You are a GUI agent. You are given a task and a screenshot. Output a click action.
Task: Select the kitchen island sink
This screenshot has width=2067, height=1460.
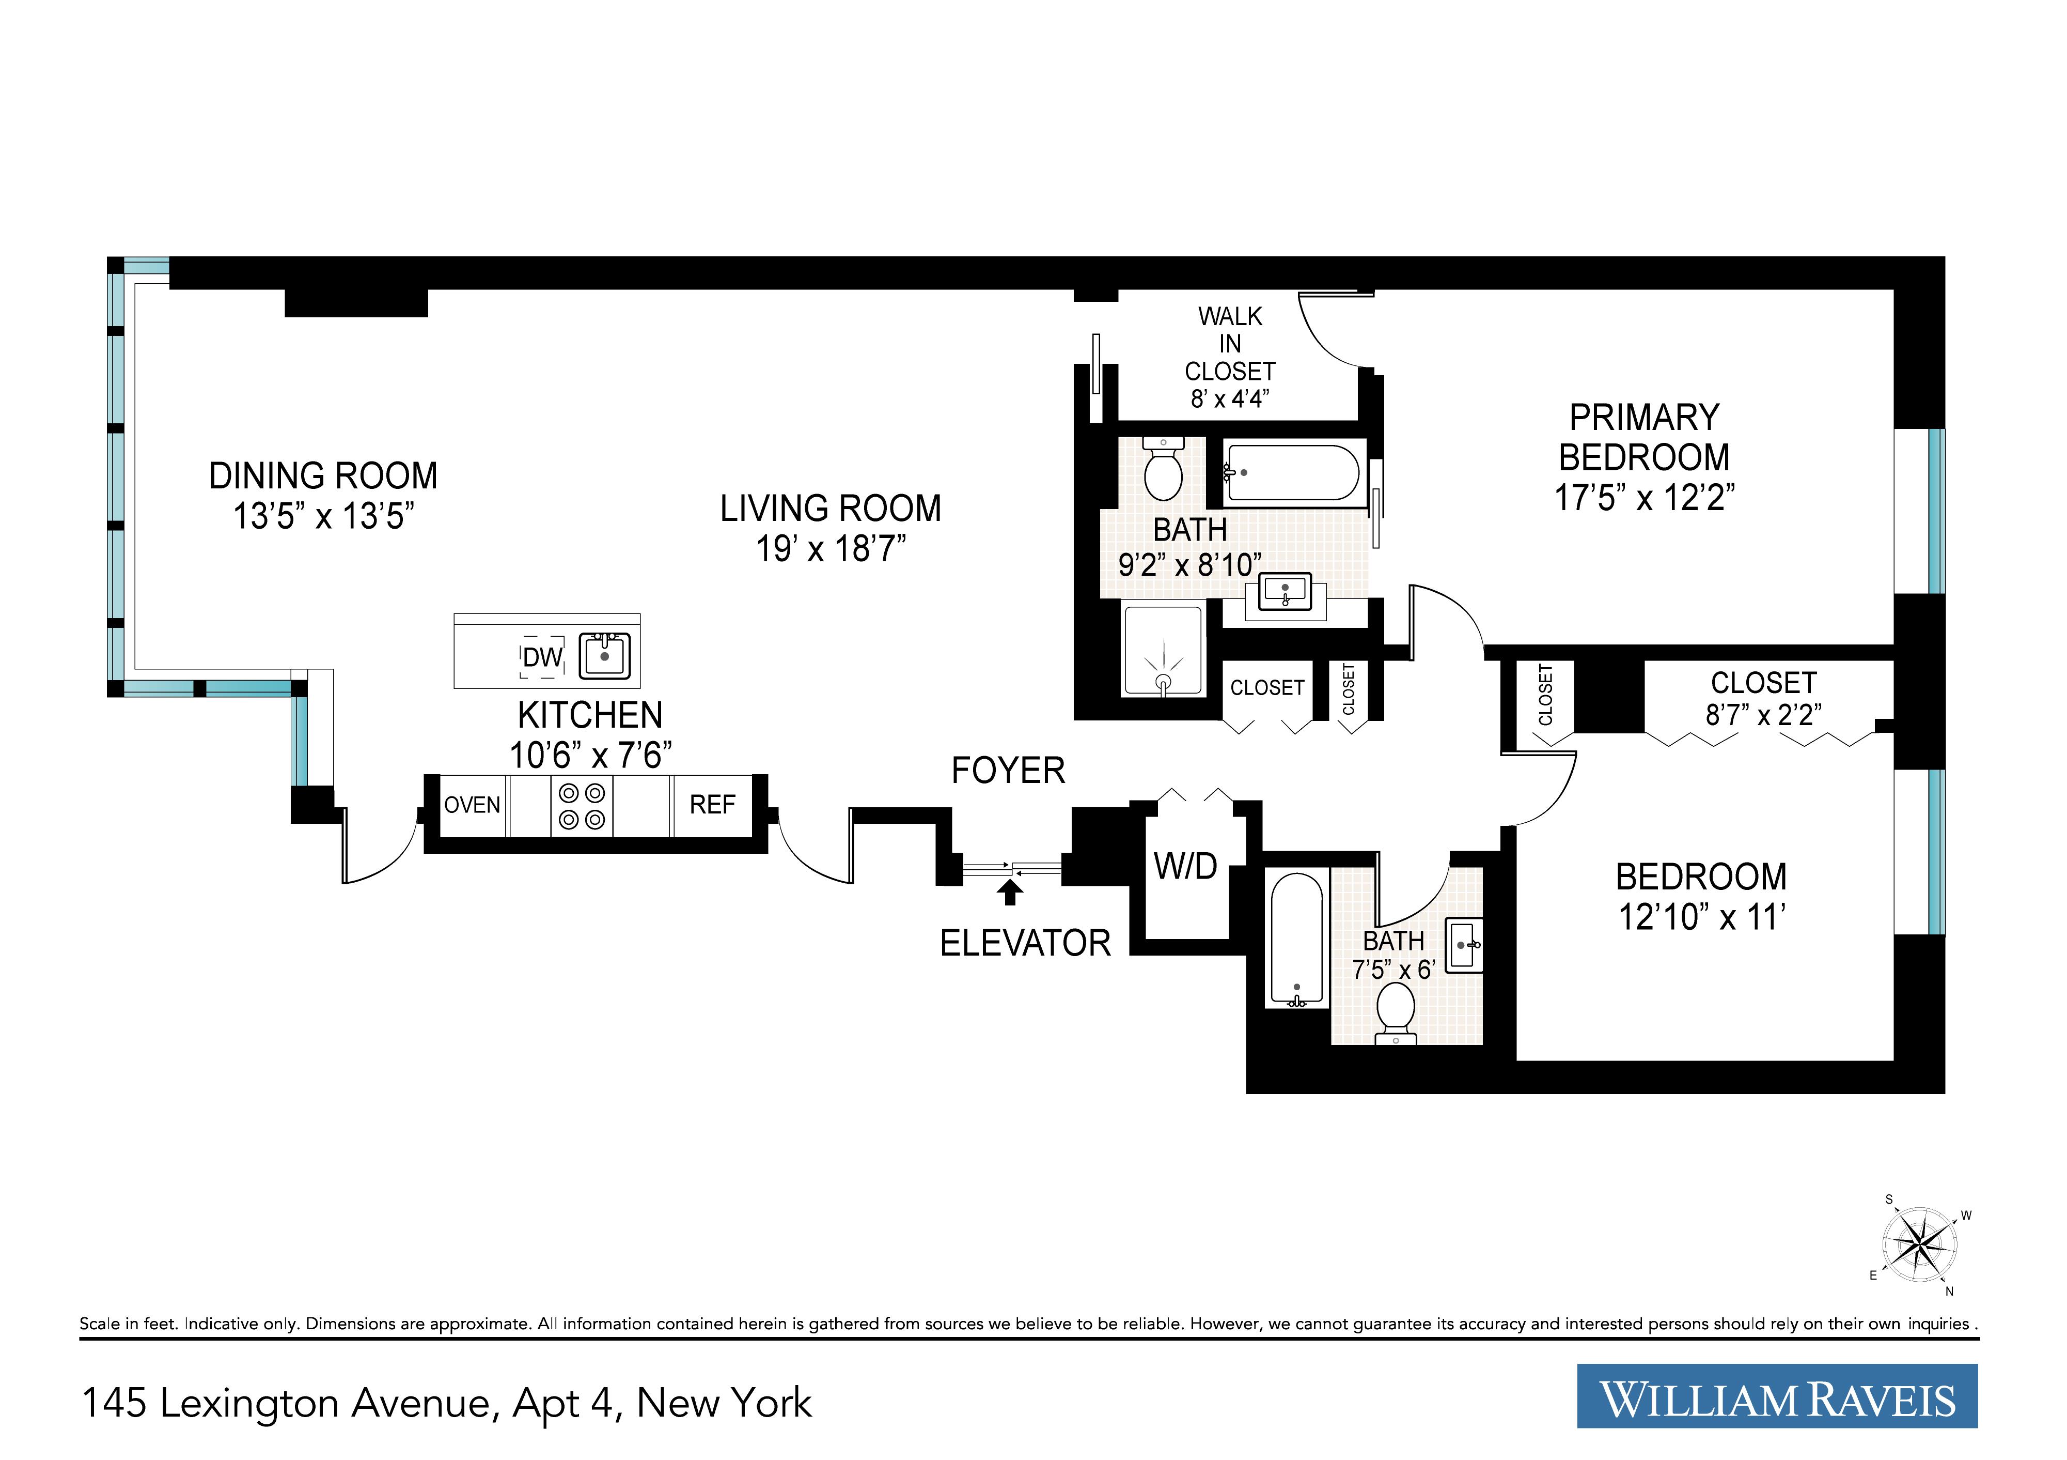pos(604,656)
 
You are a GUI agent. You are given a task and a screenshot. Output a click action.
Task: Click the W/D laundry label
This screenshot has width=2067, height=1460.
pos(1186,867)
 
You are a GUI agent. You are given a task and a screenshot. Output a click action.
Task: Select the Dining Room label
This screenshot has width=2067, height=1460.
pos(323,475)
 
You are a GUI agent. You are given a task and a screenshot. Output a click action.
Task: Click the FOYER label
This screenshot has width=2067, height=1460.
pos(1008,771)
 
